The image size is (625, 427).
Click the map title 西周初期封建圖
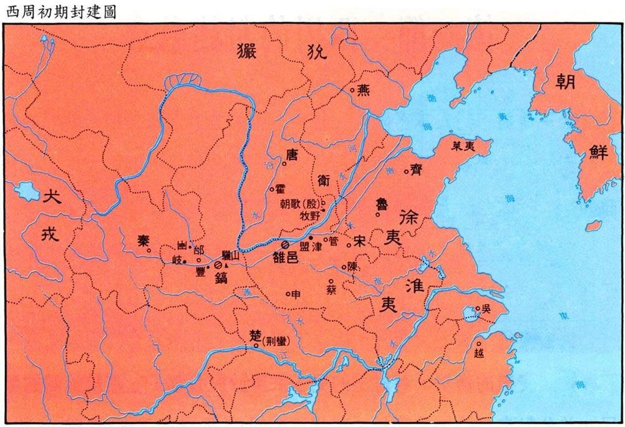tap(60, 11)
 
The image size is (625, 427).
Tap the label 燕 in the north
tap(364, 90)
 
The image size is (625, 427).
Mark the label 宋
tap(359, 241)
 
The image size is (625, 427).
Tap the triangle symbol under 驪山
tap(225, 266)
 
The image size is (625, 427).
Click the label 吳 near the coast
tap(486, 308)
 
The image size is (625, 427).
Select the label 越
tap(479, 352)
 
